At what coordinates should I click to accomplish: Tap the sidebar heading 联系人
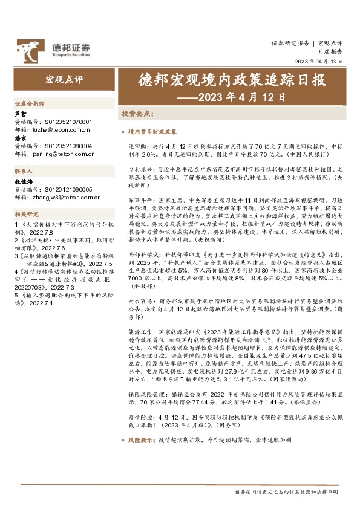click(25, 172)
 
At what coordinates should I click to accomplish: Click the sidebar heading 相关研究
click(27, 214)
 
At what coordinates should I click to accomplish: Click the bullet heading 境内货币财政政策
click(152, 131)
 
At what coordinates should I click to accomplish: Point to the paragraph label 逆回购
click(138, 146)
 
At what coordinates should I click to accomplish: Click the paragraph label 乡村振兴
click(140, 171)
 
